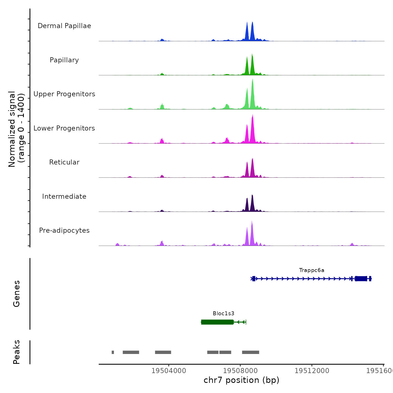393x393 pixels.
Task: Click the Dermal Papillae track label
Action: coord(64,26)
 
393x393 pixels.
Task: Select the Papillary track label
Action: coord(64,60)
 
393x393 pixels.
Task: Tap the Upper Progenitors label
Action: coord(64,94)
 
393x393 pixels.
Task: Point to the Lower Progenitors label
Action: coord(64,128)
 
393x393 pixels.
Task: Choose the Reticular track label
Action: coord(64,162)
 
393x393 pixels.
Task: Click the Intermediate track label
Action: coord(64,196)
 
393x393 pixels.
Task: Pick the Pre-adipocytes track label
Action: coord(64,230)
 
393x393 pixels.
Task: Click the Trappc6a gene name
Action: coord(312,270)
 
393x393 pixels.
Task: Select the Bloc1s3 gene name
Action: coord(223,314)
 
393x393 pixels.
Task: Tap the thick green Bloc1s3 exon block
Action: coord(217,322)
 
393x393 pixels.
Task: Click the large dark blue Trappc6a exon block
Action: coord(361,278)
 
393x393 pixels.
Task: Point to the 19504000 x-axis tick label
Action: coord(169,371)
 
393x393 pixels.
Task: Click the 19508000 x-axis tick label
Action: coord(240,371)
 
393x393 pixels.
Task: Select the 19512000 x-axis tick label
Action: coord(312,371)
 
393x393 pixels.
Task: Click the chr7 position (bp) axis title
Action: coord(241,380)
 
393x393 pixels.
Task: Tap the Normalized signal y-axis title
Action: coord(16,129)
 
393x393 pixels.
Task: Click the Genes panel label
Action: coord(17,294)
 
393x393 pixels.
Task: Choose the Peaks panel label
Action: coord(17,352)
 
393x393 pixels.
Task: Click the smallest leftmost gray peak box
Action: coord(113,352)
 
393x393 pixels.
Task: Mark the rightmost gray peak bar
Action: coord(250,352)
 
